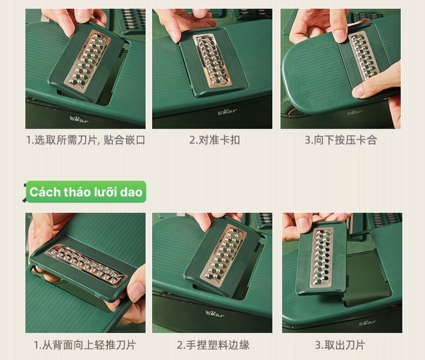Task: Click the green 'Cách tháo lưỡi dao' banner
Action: [x=86, y=192]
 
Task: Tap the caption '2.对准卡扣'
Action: [x=215, y=140]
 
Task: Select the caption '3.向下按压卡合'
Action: [x=341, y=140]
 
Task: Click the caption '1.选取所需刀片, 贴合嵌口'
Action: [x=86, y=140]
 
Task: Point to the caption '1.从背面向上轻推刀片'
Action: [x=85, y=345]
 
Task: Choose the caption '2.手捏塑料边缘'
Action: [x=213, y=345]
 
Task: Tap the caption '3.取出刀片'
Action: [x=340, y=345]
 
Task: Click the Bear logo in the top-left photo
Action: [x=79, y=120]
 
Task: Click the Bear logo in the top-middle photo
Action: [x=228, y=112]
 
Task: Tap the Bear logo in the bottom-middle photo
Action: [x=215, y=314]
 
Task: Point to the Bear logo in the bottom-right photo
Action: [x=367, y=322]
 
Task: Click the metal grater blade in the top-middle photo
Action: [x=212, y=60]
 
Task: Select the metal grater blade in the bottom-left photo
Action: [x=86, y=265]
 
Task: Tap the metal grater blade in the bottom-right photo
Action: [x=322, y=257]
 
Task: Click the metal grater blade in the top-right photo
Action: [x=364, y=56]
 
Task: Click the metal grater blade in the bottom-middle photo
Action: [x=223, y=254]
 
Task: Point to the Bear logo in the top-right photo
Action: [x=354, y=112]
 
